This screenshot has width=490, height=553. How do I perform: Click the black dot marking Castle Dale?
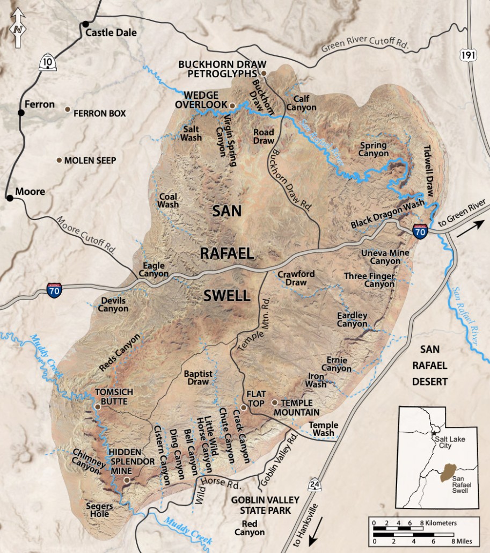85,24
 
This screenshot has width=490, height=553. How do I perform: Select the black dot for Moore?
9,198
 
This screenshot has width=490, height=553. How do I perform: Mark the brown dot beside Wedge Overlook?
232,105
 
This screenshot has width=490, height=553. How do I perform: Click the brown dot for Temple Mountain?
274,402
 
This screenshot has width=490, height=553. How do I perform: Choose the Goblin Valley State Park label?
261,505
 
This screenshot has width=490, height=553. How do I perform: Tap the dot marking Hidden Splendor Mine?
127,480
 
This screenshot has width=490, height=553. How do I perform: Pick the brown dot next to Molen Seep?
58,160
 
